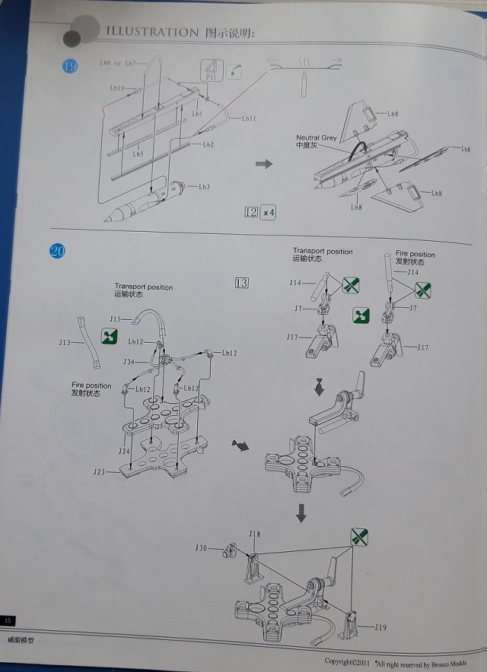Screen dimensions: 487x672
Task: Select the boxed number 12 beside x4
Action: pyautogui.click(x=251, y=212)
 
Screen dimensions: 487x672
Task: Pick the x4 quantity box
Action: pyautogui.click(x=268, y=212)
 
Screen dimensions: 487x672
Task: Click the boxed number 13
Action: pyautogui.click(x=243, y=283)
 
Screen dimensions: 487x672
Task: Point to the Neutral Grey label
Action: pyautogui.click(x=317, y=138)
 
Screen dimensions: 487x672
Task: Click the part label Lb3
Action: pyautogui.click(x=204, y=186)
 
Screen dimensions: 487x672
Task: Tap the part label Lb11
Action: pyautogui.click(x=250, y=119)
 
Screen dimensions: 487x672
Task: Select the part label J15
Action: pyautogui.click(x=116, y=318)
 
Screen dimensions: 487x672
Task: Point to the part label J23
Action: pyautogui.click(x=100, y=472)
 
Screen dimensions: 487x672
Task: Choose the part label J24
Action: pyautogui.click(x=123, y=451)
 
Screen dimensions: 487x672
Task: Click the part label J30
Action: pyautogui.click(x=200, y=547)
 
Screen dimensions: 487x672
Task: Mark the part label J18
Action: pyautogui.click(x=254, y=534)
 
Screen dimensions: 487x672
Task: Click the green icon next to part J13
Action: pyautogui.click(x=110, y=336)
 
